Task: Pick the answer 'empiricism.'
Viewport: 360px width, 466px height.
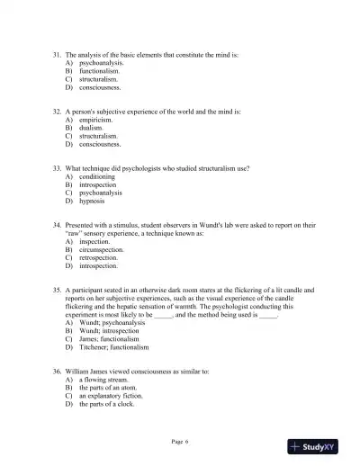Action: point(95,120)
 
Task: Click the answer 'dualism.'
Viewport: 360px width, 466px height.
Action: point(91,128)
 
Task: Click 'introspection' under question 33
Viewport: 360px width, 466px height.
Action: point(98,185)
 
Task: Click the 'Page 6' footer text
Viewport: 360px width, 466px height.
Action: point(180,441)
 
